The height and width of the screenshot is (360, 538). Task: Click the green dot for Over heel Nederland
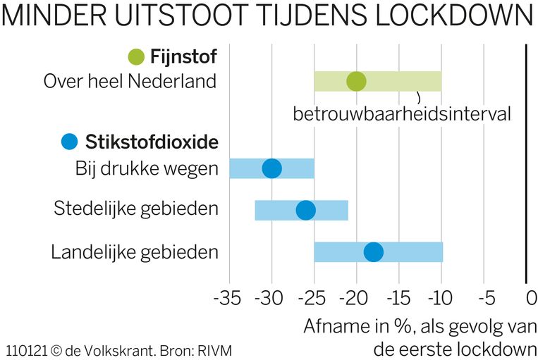point(357,82)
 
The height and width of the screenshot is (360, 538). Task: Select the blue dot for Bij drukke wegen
point(271,168)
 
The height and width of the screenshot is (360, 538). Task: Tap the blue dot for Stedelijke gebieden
point(305,210)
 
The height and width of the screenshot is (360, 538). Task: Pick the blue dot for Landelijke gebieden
point(373,252)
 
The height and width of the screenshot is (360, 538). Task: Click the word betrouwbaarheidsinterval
point(401,114)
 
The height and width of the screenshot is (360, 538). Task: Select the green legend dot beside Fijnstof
point(136,56)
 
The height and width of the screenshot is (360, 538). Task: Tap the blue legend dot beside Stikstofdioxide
point(70,142)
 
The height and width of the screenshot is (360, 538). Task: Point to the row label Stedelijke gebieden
point(136,209)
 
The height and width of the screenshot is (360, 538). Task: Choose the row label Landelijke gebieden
point(135,252)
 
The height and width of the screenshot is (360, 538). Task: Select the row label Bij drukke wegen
point(147,168)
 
